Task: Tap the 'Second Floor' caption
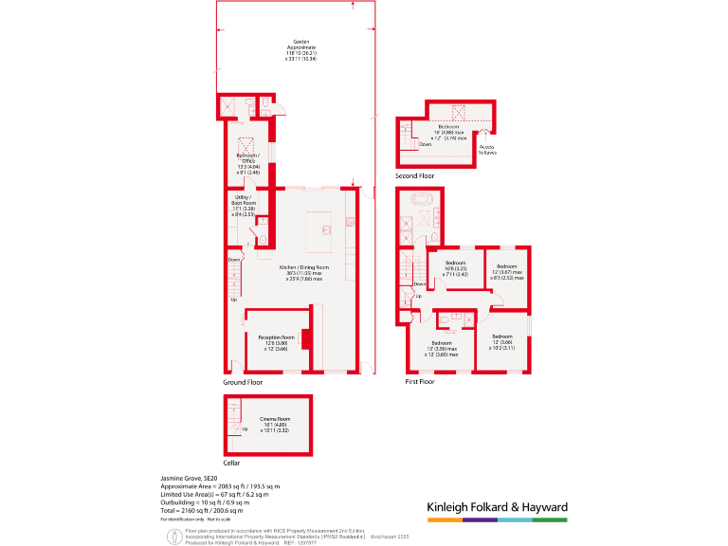point(415,176)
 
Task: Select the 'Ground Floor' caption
point(243,381)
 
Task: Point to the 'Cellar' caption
point(232,463)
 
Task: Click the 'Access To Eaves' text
point(487,150)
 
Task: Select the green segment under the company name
point(550,520)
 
